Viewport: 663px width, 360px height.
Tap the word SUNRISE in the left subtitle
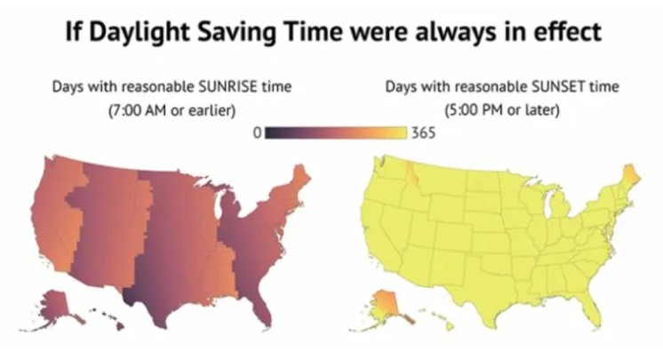click(x=228, y=87)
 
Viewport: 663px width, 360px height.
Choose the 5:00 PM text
click(x=475, y=110)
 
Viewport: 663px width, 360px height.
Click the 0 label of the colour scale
click(x=257, y=132)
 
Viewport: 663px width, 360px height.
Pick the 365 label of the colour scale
click(x=423, y=132)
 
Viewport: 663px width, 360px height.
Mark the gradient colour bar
click(x=336, y=132)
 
